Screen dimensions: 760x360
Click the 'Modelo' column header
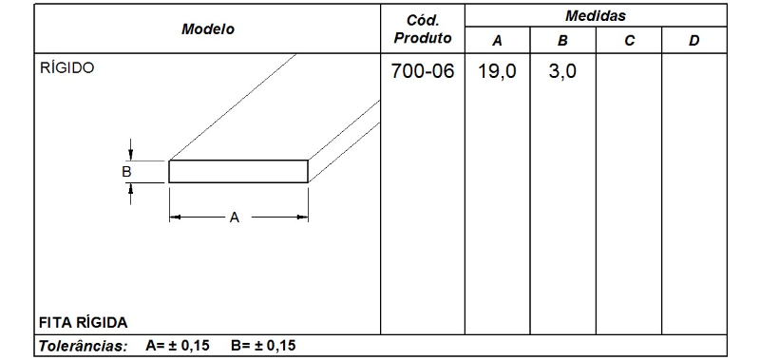click(x=207, y=28)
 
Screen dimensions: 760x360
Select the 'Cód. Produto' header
click(x=422, y=28)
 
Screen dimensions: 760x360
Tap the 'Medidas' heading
click(x=595, y=16)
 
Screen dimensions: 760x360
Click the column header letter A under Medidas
click(x=497, y=41)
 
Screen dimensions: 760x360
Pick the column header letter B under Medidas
click(x=562, y=41)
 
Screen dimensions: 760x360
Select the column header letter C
click(x=628, y=41)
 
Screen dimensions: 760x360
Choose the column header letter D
click(x=693, y=41)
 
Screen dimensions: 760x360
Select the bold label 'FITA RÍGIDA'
click(x=83, y=321)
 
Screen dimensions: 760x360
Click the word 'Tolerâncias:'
click(x=83, y=346)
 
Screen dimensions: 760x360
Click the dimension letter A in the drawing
click(x=234, y=218)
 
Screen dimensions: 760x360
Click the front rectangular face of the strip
click(x=238, y=171)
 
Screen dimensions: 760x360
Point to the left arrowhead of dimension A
click(x=174, y=218)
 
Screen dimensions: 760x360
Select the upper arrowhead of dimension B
click(x=131, y=155)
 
